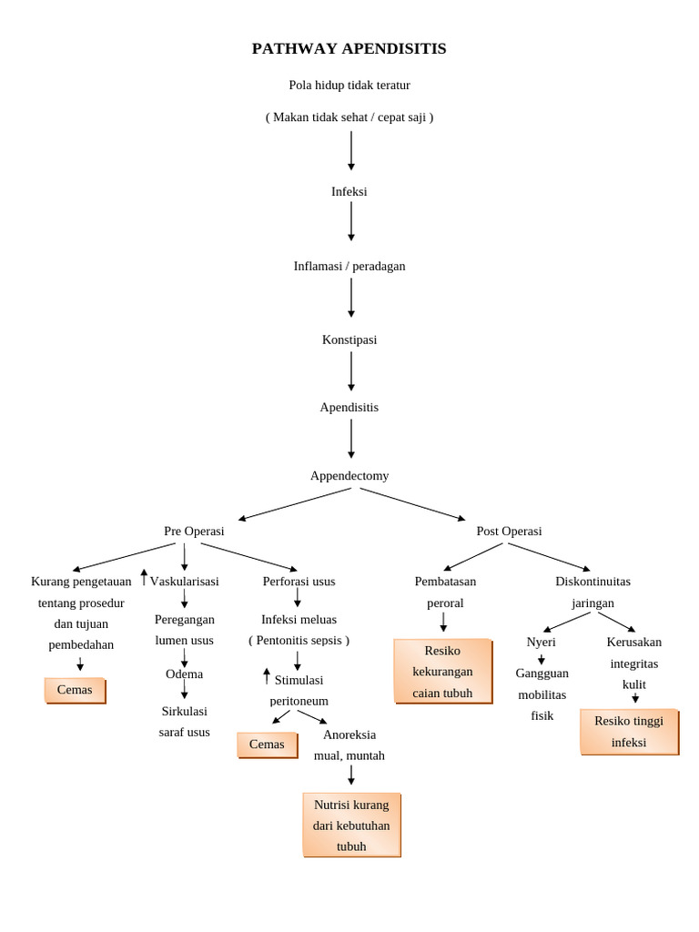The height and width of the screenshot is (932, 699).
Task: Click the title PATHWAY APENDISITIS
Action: (x=349, y=49)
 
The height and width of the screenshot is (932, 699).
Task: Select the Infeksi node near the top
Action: (x=349, y=192)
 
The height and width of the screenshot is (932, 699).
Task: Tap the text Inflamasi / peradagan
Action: (x=349, y=267)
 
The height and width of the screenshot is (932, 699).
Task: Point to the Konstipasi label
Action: (x=349, y=340)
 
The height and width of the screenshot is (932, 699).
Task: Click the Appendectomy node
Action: (x=349, y=476)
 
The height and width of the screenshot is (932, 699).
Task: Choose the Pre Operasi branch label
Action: (x=194, y=532)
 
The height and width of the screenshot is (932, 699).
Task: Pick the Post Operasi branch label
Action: (x=509, y=532)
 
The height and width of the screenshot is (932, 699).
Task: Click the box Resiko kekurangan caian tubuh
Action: (x=442, y=672)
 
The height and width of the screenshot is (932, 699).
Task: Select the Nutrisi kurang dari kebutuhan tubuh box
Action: (x=351, y=826)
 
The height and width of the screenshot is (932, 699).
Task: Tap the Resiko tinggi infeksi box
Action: (x=629, y=732)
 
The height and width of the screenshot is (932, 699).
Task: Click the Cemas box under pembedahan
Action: (x=75, y=691)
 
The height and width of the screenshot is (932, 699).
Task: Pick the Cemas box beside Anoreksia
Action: (x=267, y=745)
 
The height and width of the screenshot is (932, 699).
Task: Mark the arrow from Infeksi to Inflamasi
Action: (x=351, y=221)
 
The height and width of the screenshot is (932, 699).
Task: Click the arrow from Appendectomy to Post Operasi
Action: (x=411, y=504)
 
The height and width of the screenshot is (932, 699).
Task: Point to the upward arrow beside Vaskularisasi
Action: (x=144, y=578)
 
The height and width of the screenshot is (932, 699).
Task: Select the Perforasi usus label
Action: (x=299, y=582)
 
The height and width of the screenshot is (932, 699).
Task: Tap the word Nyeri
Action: (x=541, y=643)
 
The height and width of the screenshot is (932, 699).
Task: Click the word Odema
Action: (x=184, y=674)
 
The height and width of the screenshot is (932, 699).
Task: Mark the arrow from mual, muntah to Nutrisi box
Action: (x=351, y=775)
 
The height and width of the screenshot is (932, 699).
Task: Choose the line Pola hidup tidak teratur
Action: (x=349, y=86)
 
